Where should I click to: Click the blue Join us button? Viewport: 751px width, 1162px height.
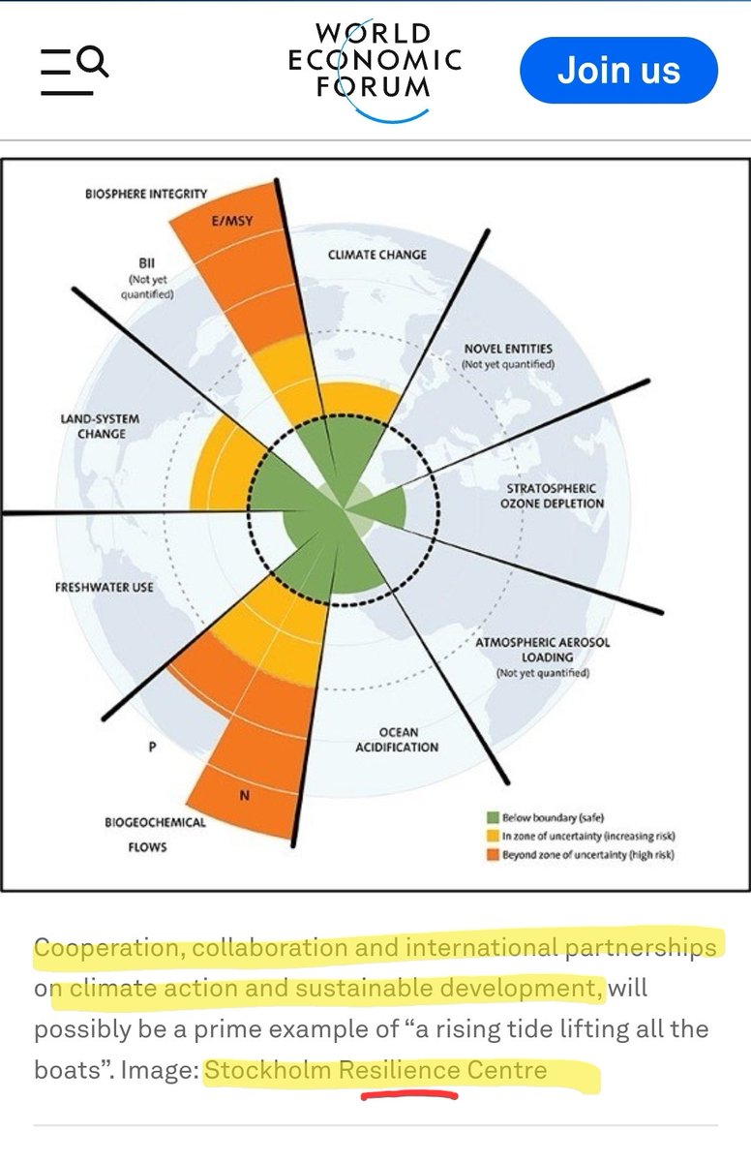point(618,70)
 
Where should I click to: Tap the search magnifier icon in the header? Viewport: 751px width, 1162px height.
point(93,61)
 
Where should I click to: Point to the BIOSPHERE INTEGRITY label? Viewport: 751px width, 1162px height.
point(146,194)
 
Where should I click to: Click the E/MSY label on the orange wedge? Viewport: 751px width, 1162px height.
point(231,221)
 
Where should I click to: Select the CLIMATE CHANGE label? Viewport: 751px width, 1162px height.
point(376,255)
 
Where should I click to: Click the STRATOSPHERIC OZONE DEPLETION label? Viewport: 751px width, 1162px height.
point(552,496)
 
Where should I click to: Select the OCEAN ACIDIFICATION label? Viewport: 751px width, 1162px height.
point(397,740)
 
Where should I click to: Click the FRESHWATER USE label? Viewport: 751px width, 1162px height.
point(105,587)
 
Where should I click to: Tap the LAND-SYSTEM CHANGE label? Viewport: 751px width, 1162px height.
point(100,426)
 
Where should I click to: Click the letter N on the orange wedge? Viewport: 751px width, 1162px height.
point(245,795)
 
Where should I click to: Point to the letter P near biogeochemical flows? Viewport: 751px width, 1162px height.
point(152,747)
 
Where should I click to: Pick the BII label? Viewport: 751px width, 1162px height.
point(147,262)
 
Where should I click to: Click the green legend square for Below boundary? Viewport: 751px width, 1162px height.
point(493,817)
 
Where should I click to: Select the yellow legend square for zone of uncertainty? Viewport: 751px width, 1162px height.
point(493,836)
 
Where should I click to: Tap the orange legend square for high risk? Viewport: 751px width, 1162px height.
point(493,854)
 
